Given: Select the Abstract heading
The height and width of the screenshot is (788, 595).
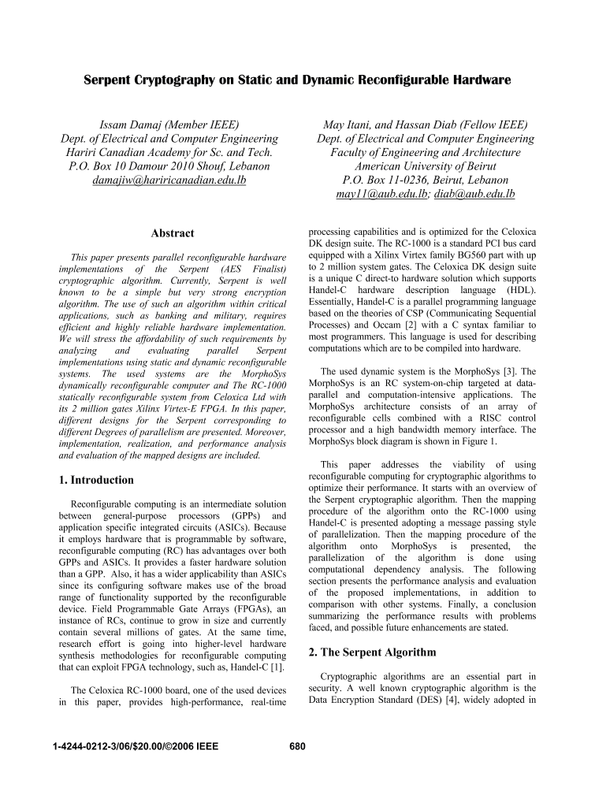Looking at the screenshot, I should click(172, 233).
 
